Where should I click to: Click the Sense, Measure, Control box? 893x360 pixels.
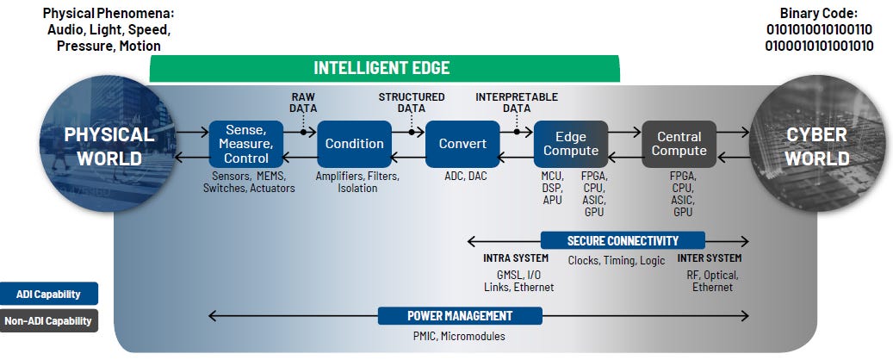[x=245, y=144]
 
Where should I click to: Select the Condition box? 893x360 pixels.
[x=354, y=144]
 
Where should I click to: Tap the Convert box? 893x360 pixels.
[x=462, y=144]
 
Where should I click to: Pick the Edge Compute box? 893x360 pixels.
[x=570, y=144]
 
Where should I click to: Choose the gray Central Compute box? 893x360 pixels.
[x=679, y=144]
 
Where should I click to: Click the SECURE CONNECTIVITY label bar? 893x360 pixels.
[x=623, y=240]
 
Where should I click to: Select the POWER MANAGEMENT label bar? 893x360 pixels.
[x=461, y=315]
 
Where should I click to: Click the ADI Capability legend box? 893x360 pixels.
[x=49, y=294]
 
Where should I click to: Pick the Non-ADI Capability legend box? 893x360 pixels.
[x=49, y=320]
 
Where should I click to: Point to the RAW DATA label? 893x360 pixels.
[x=304, y=102]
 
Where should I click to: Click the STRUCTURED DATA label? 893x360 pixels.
[x=412, y=102]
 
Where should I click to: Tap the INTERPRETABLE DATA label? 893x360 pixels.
[x=517, y=102]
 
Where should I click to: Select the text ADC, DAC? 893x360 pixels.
[x=462, y=176]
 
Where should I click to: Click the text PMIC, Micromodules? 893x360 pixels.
[x=461, y=336]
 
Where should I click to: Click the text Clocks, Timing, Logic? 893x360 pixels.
[x=617, y=260]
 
